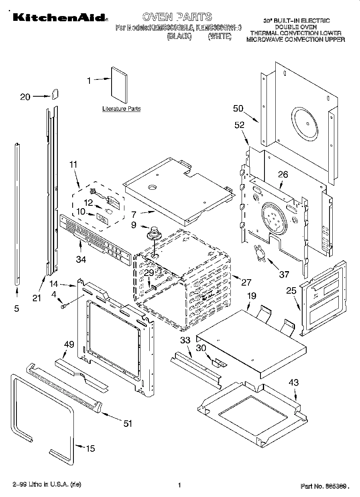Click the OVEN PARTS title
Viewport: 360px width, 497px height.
(177, 16)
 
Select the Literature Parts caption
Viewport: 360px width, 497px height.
(121, 109)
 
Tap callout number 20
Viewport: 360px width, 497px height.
(25, 97)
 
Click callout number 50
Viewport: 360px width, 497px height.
(238, 108)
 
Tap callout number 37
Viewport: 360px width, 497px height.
(284, 274)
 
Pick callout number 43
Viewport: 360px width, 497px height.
(294, 383)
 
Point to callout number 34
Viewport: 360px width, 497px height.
(81, 260)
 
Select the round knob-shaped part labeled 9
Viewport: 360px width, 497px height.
(153, 233)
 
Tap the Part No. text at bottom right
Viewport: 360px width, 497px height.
(323, 487)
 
